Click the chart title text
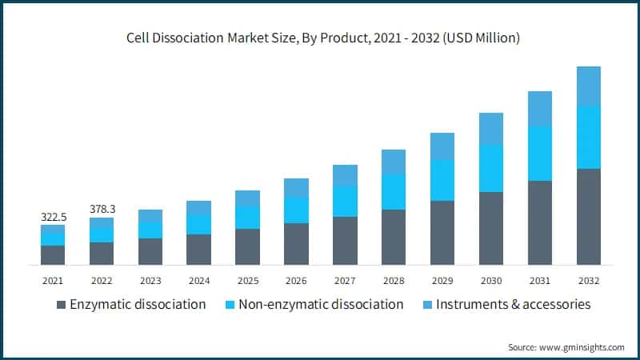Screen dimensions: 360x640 [320, 38]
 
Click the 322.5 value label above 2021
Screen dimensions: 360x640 [53, 217]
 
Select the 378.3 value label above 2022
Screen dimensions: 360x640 [102, 209]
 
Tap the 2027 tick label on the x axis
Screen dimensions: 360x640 [345, 281]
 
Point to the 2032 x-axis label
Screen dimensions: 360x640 [588, 281]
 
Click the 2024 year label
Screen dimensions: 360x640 [198, 281]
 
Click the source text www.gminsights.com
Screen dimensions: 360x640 [566, 346]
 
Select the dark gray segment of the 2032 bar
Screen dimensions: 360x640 [588, 216]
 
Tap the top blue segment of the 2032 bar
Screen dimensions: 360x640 [588, 86]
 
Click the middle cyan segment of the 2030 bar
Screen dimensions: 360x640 [491, 168]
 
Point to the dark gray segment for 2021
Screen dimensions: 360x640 [53, 254]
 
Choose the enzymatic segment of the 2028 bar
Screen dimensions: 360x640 [394, 237]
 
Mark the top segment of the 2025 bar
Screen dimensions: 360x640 [247, 198]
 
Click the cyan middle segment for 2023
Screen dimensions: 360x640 [150, 230]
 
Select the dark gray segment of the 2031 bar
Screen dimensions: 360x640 [540, 222]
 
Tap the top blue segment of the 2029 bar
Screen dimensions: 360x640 [442, 146]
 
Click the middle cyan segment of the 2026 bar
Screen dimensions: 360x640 [296, 210]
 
